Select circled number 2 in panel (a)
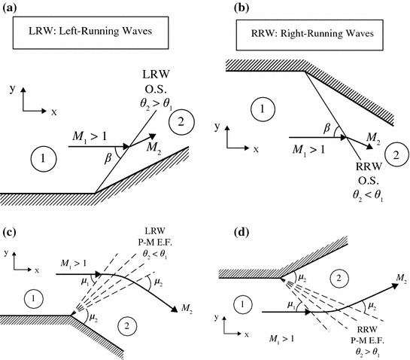(181, 121)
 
